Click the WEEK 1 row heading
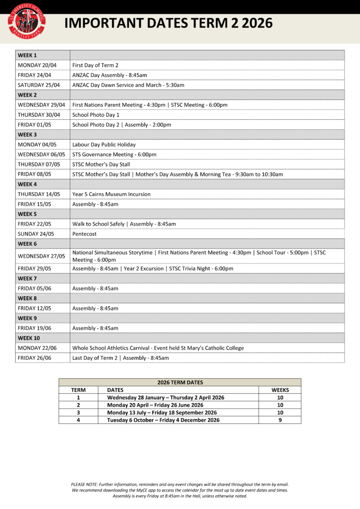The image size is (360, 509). click(x=27, y=55)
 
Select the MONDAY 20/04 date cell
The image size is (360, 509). click(x=37, y=65)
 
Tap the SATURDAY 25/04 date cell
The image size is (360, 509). click(x=39, y=85)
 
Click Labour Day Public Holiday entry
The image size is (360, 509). click(x=104, y=145)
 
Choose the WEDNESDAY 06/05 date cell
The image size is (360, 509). click(x=41, y=155)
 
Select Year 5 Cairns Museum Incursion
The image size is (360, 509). click(x=111, y=194)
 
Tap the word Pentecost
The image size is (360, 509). click(x=85, y=234)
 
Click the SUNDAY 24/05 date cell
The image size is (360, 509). click(x=36, y=234)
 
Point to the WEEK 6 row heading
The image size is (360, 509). click(x=27, y=244)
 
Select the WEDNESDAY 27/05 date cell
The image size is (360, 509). click(x=41, y=256)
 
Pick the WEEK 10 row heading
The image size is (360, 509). click(x=29, y=338)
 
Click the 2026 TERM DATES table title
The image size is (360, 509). click(x=180, y=382)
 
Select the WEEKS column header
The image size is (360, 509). click(x=280, y=390)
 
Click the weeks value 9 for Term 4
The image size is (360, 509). click(x=280, y=420)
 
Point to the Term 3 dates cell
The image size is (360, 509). click(x=162, y=413)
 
